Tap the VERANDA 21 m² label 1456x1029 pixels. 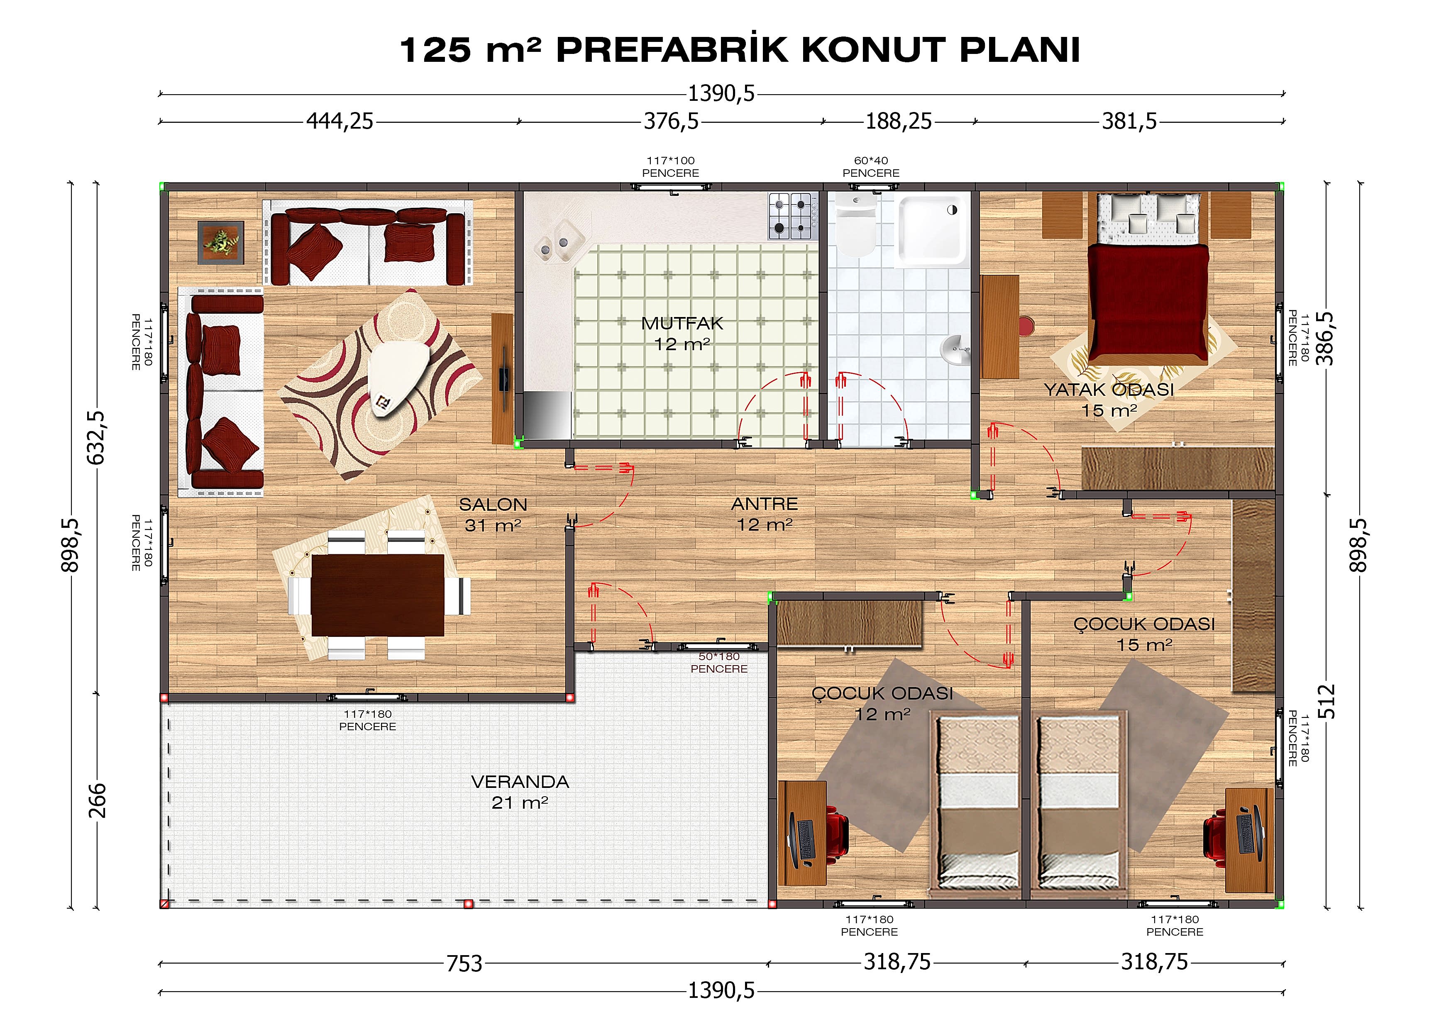click(520, 792)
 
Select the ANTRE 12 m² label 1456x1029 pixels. click(764, 514)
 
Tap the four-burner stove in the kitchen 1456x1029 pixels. click(790, 216)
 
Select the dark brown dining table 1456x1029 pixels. click(377, 595)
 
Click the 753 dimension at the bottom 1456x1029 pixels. click(464, 964)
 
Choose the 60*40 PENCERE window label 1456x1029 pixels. click(871, 167)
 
